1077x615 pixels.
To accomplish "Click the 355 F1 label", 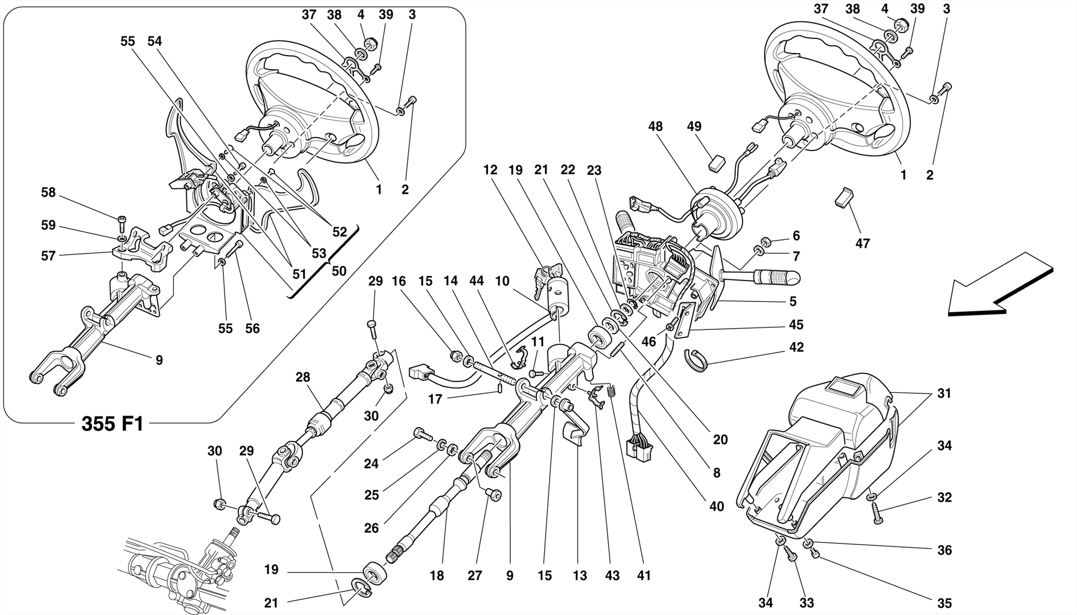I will click(112, 424).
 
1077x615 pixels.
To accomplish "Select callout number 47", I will click(862, 243).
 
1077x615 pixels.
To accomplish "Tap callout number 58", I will click(48, 193).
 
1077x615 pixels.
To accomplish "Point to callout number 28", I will click(302, 377).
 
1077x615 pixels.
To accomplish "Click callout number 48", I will click(655, 127).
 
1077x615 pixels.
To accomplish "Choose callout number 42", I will click(796, 347).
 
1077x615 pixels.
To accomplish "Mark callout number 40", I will click(717, 507).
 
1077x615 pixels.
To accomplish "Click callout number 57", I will click(48, 256).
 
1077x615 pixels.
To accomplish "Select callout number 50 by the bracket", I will click(339, 271).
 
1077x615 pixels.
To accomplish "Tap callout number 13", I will click(580, 576).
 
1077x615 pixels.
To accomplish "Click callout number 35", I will click(944, 603).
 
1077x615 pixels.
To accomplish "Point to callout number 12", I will click(490, 170).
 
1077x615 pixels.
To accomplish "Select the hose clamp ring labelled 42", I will click(696, 359).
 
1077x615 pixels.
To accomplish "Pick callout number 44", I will click(476, 281).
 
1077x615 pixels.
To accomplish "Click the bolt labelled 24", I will click(422, 434).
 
